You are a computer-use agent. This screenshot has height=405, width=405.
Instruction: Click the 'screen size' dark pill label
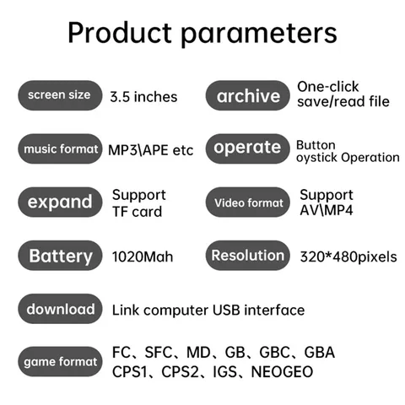click(58, 95)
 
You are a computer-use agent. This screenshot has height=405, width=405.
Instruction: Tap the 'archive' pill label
click(248, 95)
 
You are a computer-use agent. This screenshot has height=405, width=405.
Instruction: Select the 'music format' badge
click(58, 149)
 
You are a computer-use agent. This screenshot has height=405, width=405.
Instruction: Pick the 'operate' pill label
click(247, 148)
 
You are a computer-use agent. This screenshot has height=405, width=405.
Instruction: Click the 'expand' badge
click(59, 202)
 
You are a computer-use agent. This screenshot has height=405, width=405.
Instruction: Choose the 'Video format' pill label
click(248, 202)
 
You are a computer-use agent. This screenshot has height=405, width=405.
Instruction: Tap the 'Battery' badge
click(59, 256)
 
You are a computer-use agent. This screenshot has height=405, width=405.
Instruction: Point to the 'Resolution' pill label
click(247, 256)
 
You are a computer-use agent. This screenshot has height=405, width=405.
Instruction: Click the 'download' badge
click(60, 310)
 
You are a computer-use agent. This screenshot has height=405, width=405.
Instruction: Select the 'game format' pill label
click(59, 362)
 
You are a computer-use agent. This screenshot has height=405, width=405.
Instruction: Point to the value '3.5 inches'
click(143, 96)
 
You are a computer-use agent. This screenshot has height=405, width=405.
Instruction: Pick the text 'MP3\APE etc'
click(151, 150)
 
